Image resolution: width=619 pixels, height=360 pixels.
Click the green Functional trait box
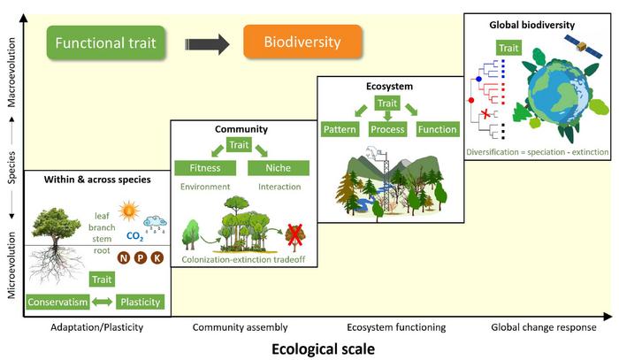click(x=107, y=42)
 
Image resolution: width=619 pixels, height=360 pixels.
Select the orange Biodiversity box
click(x=303, y=42)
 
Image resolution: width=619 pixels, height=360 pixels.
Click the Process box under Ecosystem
click(x=388, y=130)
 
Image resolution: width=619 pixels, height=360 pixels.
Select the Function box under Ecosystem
click(x=438, y=130)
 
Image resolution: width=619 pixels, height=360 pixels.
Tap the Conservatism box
click(x=57, y=302)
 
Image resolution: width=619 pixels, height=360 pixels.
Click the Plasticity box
click(x=140, y=302)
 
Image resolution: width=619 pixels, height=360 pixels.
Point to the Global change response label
click(x=544, y=327)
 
